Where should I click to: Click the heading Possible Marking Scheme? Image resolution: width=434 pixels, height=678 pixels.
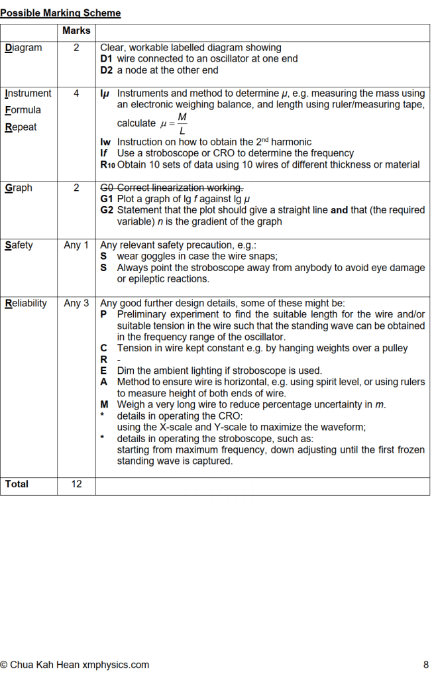click(60, 13)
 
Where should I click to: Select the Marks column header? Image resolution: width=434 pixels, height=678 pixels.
click(76, 30)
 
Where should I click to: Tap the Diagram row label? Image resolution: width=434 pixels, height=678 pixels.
click(23, 48)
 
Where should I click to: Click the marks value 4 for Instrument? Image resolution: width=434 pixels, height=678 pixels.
click(76, 93)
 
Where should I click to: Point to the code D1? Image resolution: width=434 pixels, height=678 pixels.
click(107, 59)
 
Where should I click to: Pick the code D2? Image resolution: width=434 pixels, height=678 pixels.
click(107, 70)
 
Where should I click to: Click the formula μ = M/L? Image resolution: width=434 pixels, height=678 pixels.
click(174, 123)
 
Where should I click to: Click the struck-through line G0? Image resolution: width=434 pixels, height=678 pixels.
click(172, 188)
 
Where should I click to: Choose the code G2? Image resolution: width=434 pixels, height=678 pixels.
click(107, 210)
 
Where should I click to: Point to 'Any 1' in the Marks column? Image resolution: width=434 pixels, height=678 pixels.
click(76, 245)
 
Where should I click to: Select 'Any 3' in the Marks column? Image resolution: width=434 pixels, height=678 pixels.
click(76, 303)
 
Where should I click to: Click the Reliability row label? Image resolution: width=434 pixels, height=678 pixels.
click(26, 303)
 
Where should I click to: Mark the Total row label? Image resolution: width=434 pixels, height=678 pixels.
click(17, 484)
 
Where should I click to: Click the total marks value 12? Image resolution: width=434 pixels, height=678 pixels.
click(76, 484)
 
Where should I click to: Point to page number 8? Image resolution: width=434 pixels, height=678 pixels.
click(425, 665)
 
